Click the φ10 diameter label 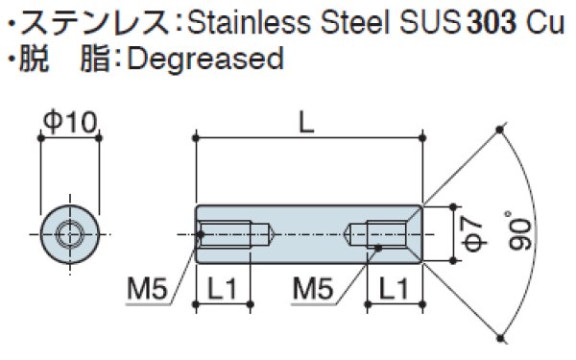[70, 121]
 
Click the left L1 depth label [224, 286]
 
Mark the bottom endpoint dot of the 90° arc [500, 336]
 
